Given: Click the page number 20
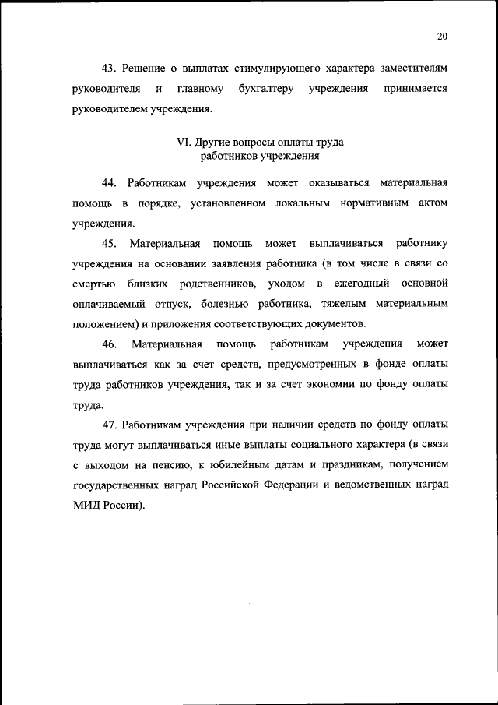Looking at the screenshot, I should (443, 37).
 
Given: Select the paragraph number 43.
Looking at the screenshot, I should (109, 69).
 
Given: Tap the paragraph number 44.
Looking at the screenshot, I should (109, 182).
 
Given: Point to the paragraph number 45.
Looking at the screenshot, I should (109, 243).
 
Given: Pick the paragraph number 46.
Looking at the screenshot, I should (109, 344).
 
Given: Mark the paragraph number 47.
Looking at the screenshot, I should (109, 424).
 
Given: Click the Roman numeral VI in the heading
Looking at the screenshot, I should (184, 143).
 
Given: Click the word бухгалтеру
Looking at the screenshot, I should (263, 89).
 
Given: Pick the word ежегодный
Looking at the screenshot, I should (365, 284).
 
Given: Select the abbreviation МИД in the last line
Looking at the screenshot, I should (86, 505).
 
